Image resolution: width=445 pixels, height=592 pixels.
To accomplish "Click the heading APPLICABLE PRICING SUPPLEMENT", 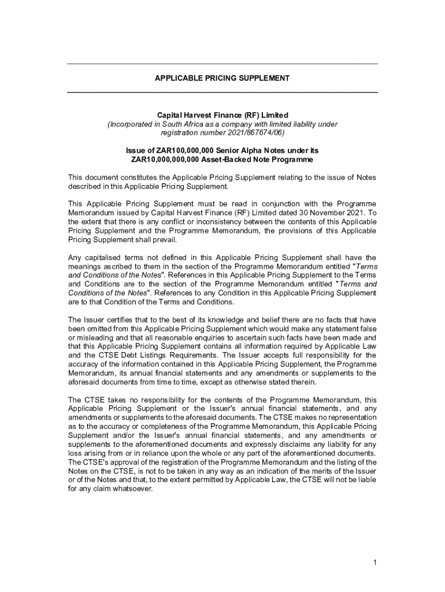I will [x=222, y=78].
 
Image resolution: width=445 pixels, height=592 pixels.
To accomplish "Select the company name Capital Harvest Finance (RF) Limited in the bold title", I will [x=222, y=115].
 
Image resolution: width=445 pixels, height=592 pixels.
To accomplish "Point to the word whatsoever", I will [x=134, y=489].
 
